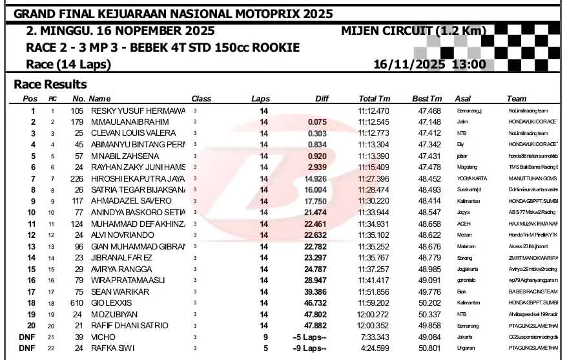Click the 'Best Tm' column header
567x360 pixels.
coord(427,98)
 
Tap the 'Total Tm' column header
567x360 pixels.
coord(375,98)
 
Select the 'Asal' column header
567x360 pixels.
coord(463,98)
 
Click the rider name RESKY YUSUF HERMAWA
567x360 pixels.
coord(137,111)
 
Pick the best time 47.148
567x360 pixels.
coord(429,122)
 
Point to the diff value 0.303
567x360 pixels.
coord(317,133)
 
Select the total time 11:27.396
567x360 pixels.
coord(374,178)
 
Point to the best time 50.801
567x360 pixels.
coord(429,348)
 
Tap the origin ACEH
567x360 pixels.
coord(463,224)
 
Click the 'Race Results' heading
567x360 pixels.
coord(50,85)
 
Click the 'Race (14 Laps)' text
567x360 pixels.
coord(68,64)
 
